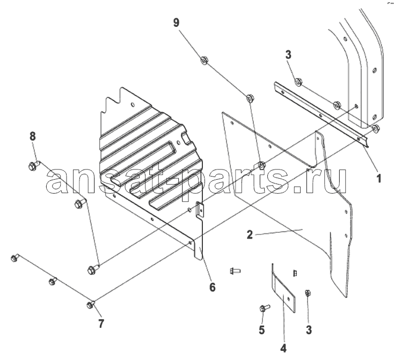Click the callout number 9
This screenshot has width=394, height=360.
[x=176, y=23]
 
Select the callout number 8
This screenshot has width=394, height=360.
[x=33, y=137]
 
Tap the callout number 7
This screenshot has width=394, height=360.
[x=101, y=324]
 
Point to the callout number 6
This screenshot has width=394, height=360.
[x=213, y=287]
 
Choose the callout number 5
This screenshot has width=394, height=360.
[x=262, y=329]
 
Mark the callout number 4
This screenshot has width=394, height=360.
[x=283, y=348]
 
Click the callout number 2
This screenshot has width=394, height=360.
[x=250, y=234]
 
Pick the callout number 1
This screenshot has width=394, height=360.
[x=378, y=178]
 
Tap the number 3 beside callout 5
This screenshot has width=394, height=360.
[x=309, y=329]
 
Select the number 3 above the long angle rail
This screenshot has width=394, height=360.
[x=288, y=55]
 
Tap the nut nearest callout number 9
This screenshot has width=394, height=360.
[x=204, y=60]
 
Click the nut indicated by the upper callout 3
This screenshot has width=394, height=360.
[x=298, y=82]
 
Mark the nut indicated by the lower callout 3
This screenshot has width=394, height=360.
[x=307, y=293]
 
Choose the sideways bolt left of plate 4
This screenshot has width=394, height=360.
[x=235, y=271]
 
